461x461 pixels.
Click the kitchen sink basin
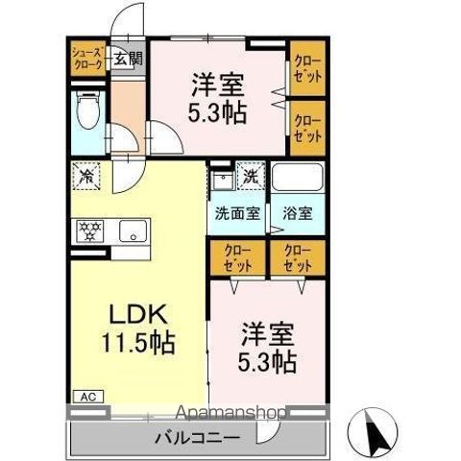click(133, 231)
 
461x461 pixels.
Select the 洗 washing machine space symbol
click(250, 177)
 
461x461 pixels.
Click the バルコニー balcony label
click(197, 438)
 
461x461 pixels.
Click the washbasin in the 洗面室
click(223, 181)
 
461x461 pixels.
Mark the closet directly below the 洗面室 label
click(235, 258)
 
